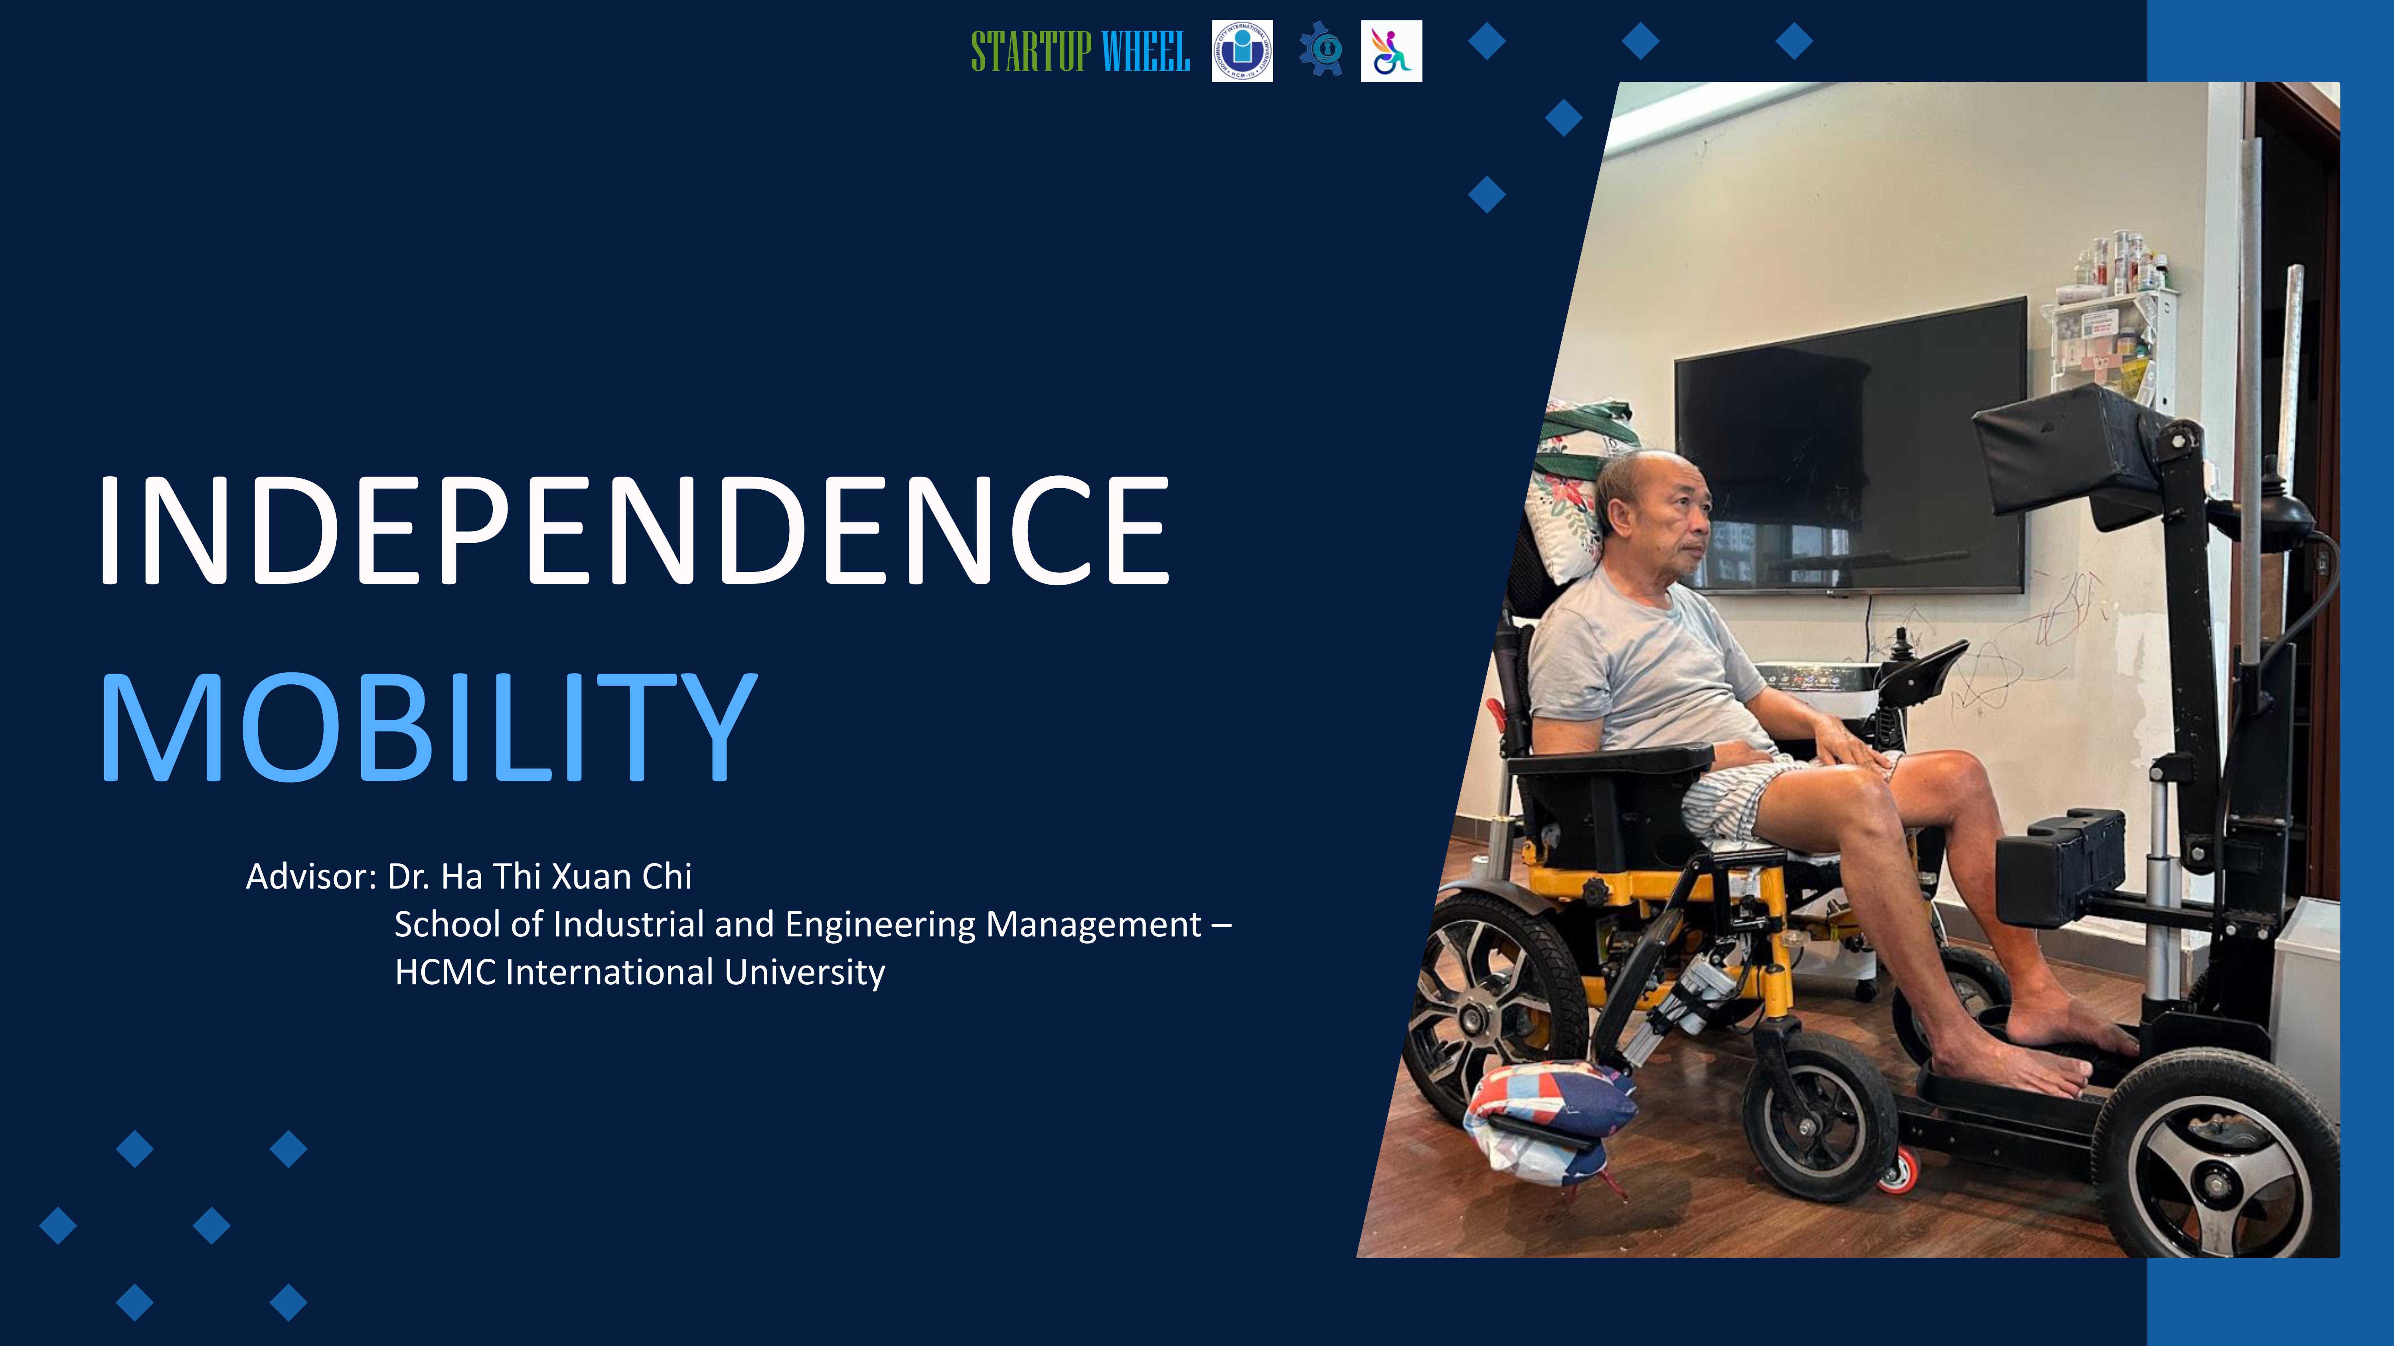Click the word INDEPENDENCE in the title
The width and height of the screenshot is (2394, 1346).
632,531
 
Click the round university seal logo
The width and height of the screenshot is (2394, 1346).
1242,51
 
